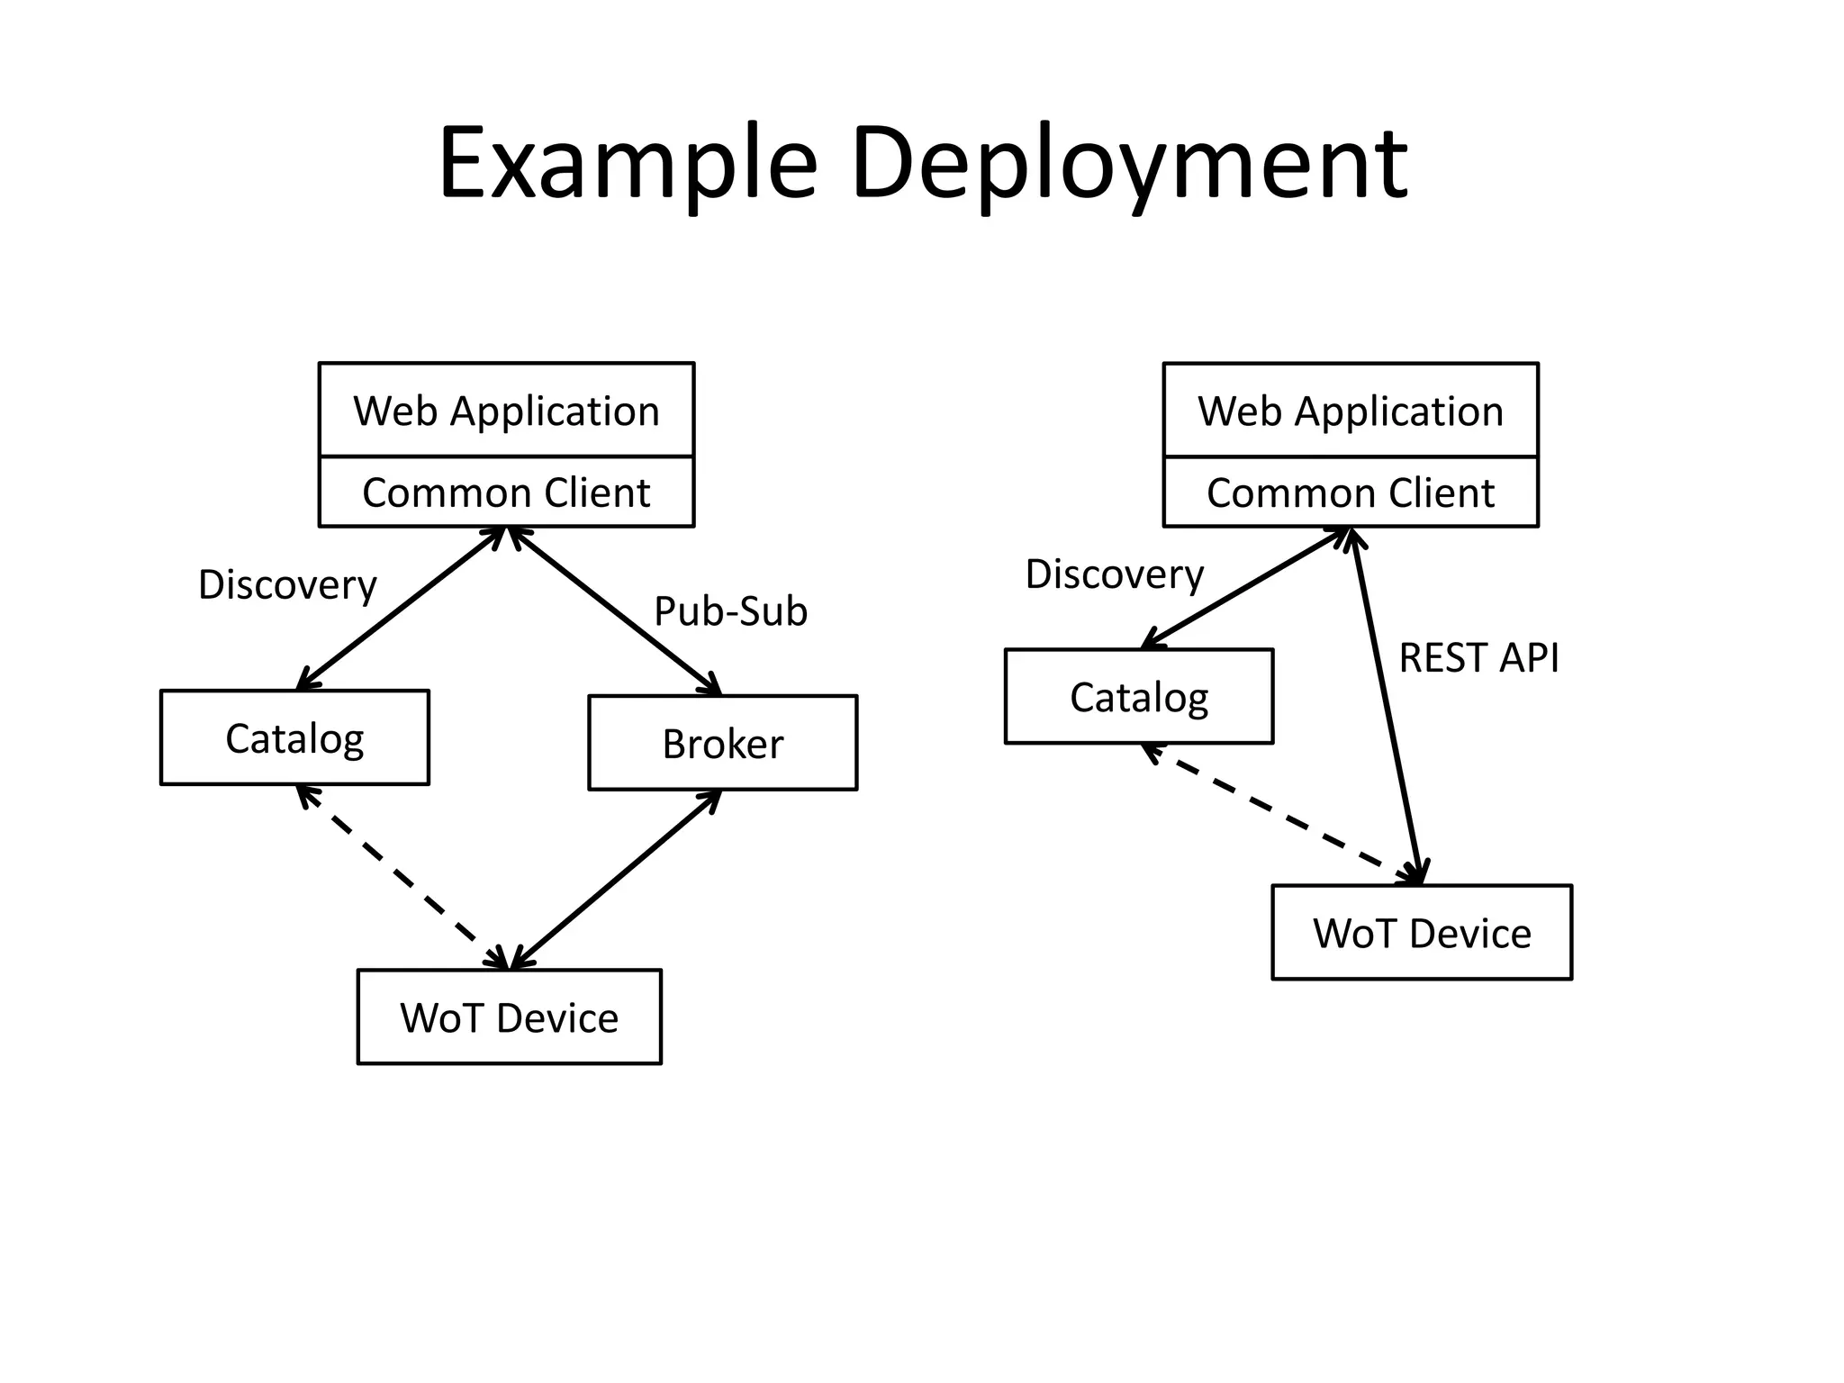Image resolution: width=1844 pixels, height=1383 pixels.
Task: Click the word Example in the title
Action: [628, 165]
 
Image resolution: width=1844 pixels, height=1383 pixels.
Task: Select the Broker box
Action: [722, 743]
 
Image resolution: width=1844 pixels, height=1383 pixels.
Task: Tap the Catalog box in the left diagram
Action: [294, 737]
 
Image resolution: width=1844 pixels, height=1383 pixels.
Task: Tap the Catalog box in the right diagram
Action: [1138, 696]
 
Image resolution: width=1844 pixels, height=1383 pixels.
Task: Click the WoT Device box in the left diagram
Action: [509, 1017]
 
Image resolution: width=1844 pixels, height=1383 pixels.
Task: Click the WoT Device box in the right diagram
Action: [1421, 932]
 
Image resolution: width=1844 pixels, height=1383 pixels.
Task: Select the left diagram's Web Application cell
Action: [506, 411]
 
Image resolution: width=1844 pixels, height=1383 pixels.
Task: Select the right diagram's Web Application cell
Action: [1350, 411]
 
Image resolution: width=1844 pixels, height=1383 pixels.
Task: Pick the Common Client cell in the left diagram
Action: [506, 493]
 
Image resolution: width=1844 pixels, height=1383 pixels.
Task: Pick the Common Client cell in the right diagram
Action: [1350, 493]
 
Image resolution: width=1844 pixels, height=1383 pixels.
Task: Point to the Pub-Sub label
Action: [730, 611]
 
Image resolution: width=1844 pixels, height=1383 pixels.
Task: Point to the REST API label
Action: [1478, 657]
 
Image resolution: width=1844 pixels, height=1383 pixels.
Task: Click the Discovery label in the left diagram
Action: [287, 584]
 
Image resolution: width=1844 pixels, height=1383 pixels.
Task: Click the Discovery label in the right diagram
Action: [1114, 574]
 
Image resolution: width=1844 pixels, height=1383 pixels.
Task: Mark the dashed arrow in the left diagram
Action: [402, 876]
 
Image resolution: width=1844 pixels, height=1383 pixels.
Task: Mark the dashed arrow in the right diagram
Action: [1279, 812]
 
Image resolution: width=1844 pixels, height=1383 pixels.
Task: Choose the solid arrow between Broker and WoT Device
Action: [616, 879]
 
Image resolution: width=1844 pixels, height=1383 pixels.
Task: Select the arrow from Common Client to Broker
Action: [615, 610]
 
